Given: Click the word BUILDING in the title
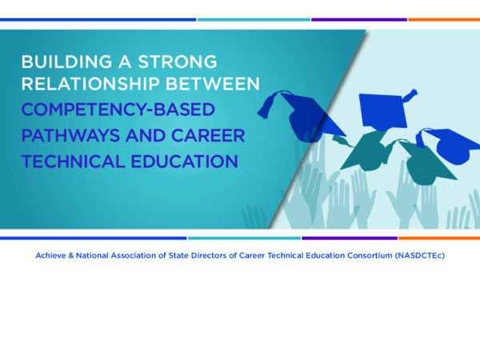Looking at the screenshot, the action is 66,62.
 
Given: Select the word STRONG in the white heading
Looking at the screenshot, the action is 178,62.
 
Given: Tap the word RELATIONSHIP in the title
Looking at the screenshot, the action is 90,83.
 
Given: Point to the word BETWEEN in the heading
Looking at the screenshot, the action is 213,83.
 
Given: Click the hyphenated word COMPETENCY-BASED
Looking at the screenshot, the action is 118,110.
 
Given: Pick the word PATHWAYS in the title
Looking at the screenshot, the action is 70,135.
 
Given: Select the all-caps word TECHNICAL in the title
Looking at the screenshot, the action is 73,162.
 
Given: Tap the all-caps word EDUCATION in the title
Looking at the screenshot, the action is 185,162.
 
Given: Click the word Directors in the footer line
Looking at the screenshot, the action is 209,255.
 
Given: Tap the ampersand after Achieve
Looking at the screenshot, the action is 70,255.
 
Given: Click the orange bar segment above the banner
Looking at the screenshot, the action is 444,19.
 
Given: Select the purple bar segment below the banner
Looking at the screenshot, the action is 350,238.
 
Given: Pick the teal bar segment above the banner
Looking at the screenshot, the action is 254,19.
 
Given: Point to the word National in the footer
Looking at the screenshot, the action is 92,255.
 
